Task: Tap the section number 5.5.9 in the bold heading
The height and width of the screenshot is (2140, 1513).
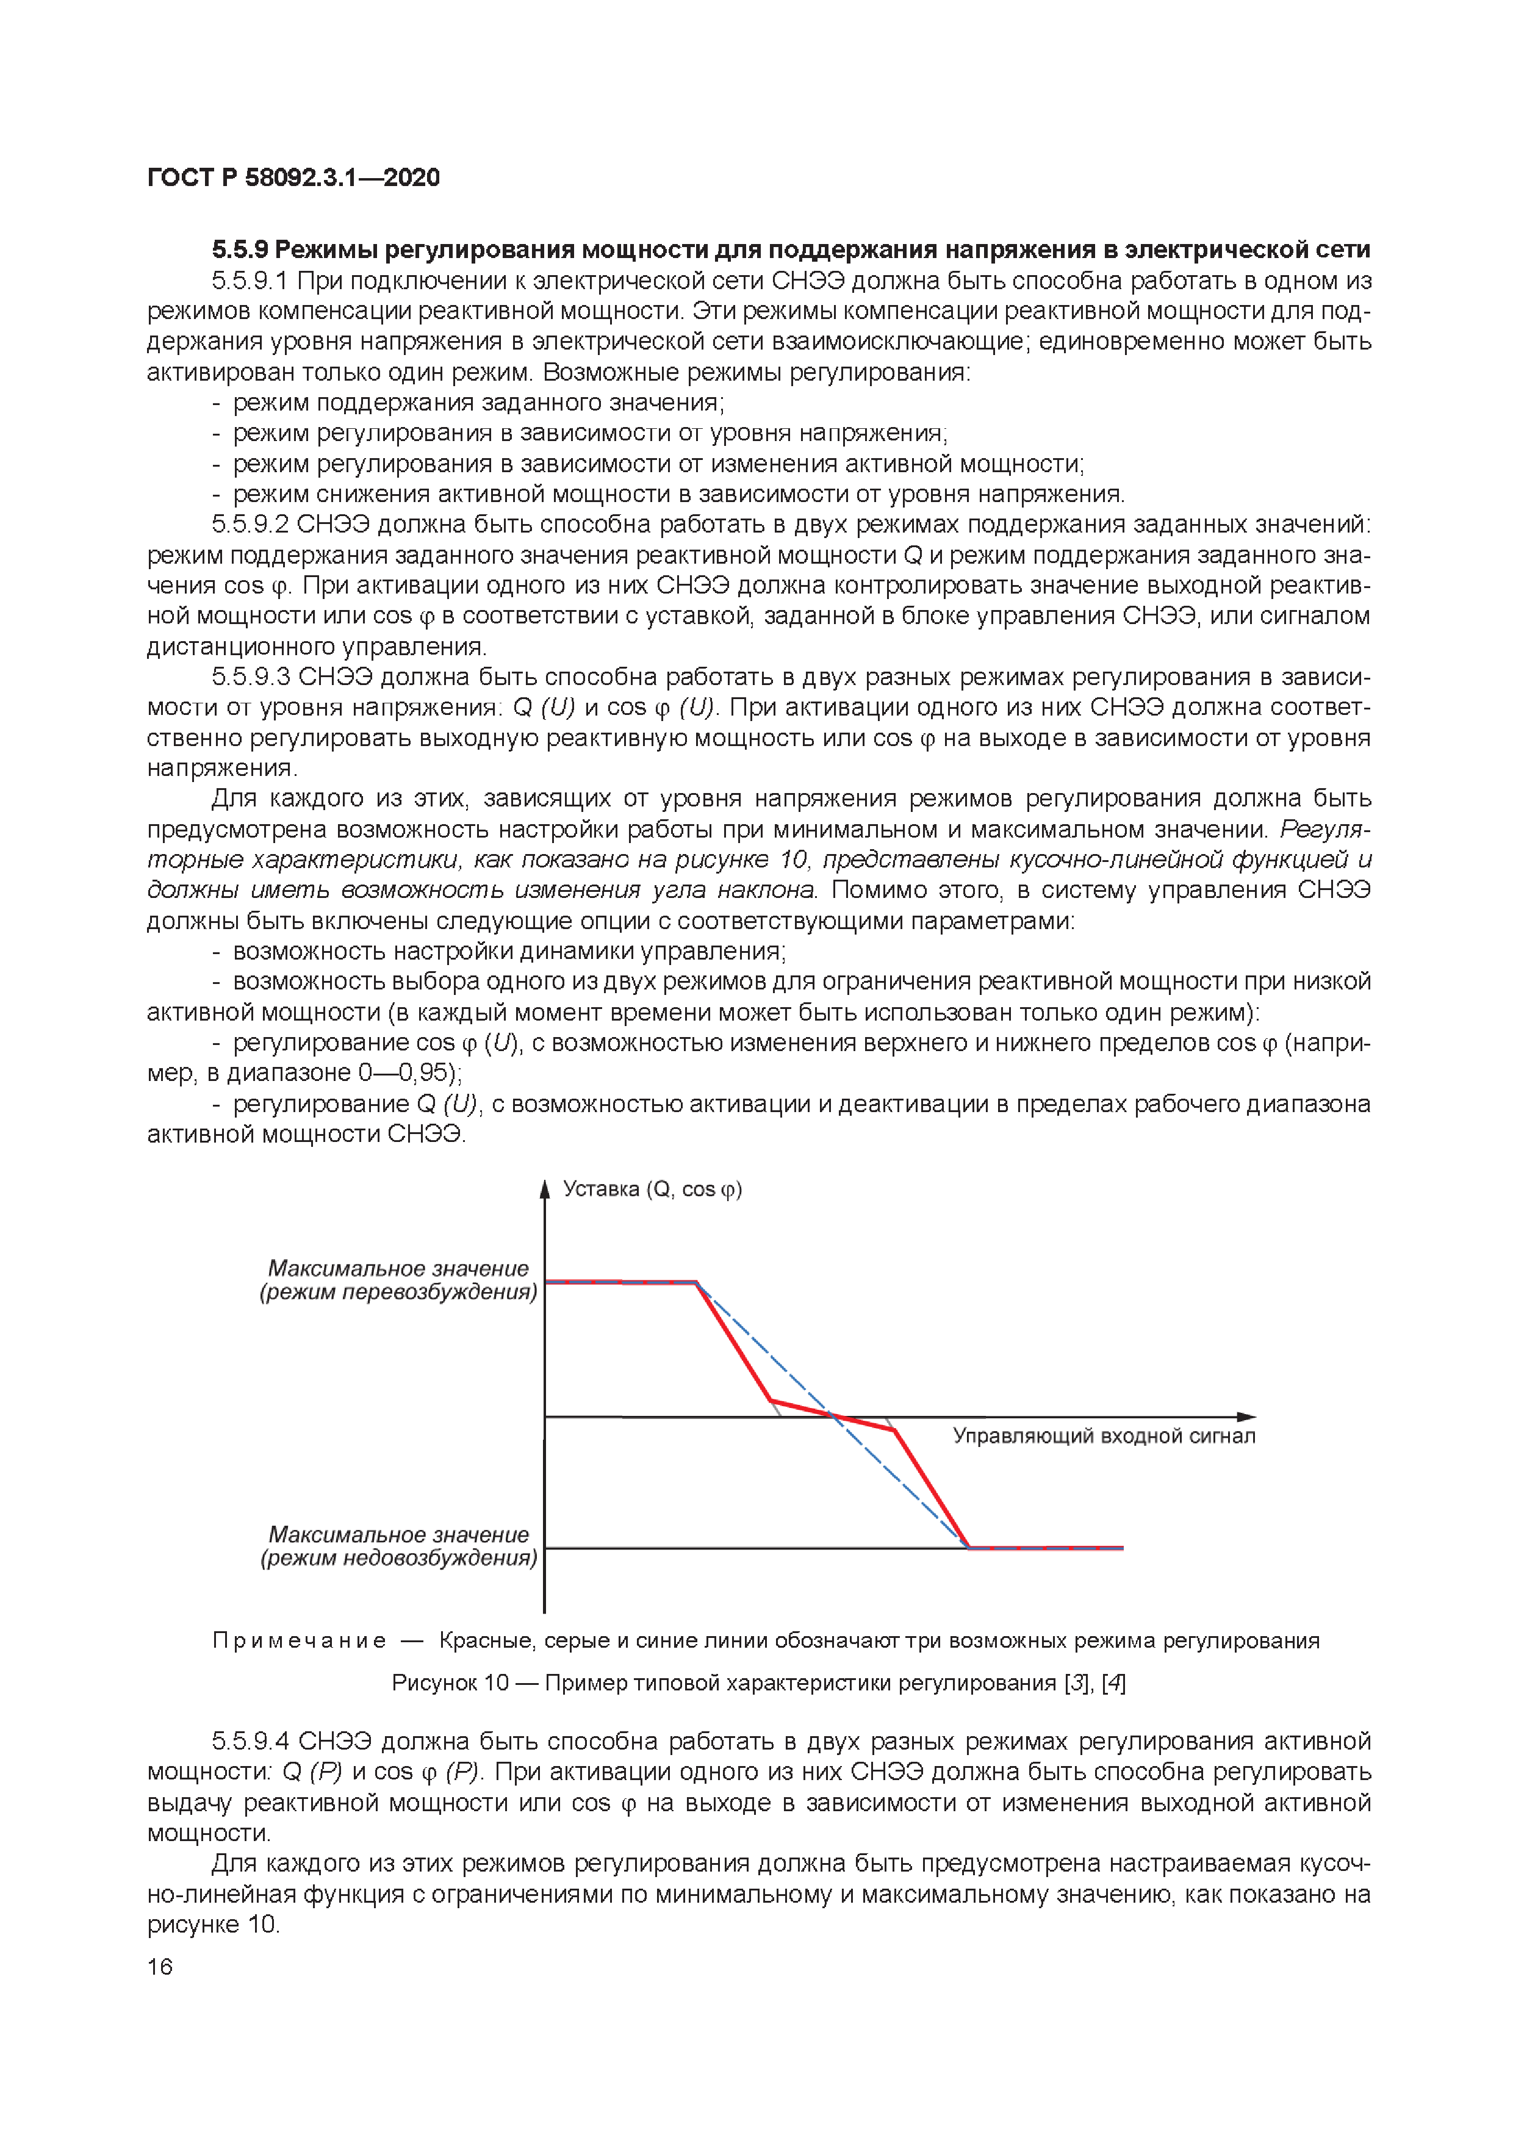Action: tap(240, 250)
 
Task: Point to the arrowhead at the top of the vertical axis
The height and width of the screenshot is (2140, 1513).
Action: tap(544, 1188)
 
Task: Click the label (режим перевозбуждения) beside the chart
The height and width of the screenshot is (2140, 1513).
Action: tap(398, 1292)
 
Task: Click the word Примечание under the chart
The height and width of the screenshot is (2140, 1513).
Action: tap(298, 1640)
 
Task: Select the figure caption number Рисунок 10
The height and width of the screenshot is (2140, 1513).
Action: tap(450, 1682)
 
